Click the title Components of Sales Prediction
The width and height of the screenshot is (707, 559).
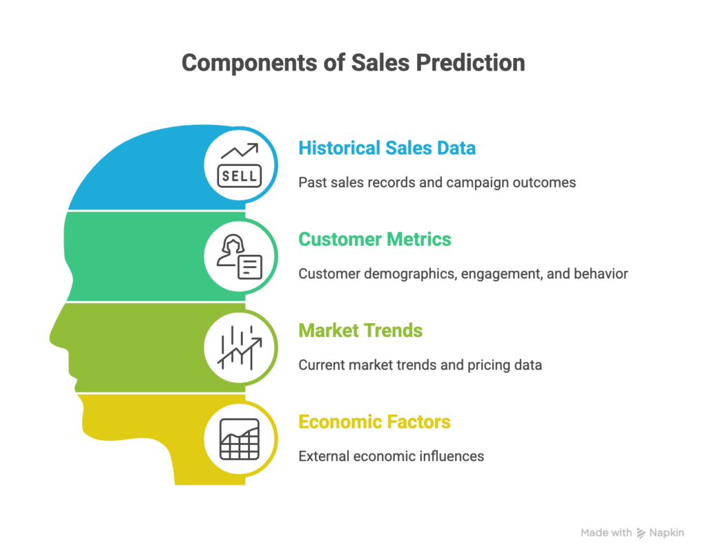353,63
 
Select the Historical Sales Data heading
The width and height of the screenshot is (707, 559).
387,148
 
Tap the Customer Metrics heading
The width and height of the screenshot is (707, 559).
374,239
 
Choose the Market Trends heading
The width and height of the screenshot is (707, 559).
360,330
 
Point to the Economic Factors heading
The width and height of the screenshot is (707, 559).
374,421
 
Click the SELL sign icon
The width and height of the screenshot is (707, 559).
239,165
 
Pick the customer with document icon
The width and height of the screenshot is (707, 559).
239,257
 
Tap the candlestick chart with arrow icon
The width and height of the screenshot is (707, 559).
239,347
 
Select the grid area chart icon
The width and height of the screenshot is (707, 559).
239,439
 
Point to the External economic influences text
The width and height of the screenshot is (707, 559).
391,456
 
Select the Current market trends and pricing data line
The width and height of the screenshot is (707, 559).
420,365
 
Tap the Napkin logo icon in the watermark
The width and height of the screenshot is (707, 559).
641,533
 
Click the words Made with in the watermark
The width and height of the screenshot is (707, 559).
606,533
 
